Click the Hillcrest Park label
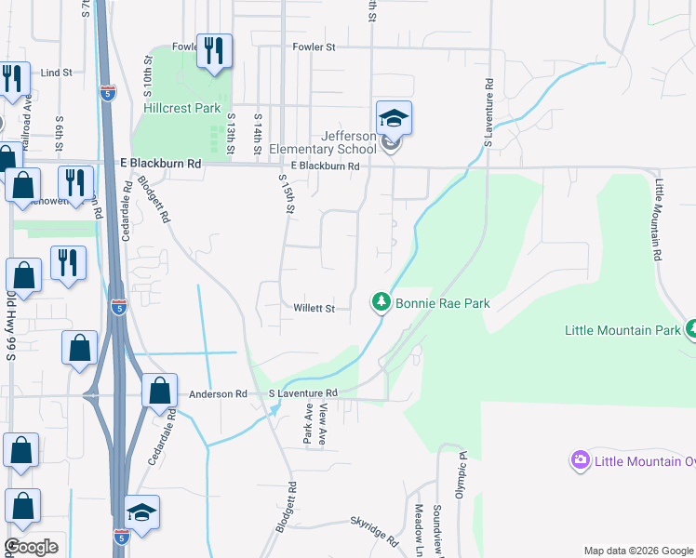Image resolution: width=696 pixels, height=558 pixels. click(182, 108)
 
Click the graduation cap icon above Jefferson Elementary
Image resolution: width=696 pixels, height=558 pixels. click(394, 119)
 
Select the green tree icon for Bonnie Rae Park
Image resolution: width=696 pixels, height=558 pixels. click(381, 302)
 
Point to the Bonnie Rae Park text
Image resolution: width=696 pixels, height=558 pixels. click(443, 303)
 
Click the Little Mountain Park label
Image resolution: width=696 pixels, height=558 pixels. click(623, 330)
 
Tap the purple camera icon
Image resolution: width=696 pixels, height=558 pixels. click(582, 460)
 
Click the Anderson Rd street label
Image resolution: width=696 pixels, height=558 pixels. click(218, 394)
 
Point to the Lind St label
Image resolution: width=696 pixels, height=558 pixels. click(57, 72)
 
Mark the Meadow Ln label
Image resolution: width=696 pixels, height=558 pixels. click(420, 525)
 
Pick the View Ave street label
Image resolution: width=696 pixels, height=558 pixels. click(324, 424)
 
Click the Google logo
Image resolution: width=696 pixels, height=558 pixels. click(31, 547)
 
